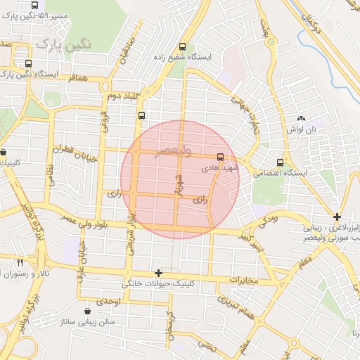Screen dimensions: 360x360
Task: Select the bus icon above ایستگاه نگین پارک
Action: pyautogui.click(x=28, y=63)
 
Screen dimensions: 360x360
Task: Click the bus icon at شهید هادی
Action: pyautogui.click(x=221, y=157)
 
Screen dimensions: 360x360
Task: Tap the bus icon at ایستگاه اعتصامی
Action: pyautogui.click(x=281, y=162)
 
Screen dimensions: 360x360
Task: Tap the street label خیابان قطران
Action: pyautogui.click(x=77, y=151)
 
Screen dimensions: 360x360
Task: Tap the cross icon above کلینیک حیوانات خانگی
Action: pyautogui.click(x=158, y=273)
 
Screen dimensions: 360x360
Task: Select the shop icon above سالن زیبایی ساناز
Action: pyautogui.click(x=87, y=311)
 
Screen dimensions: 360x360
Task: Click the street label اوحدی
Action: pyautogui.click(x=109, y=302)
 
